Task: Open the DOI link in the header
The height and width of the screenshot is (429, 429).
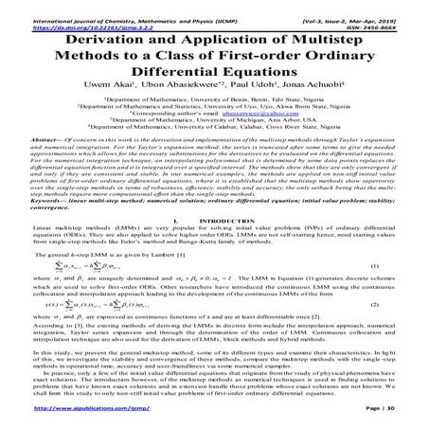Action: tap(63, 16)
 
